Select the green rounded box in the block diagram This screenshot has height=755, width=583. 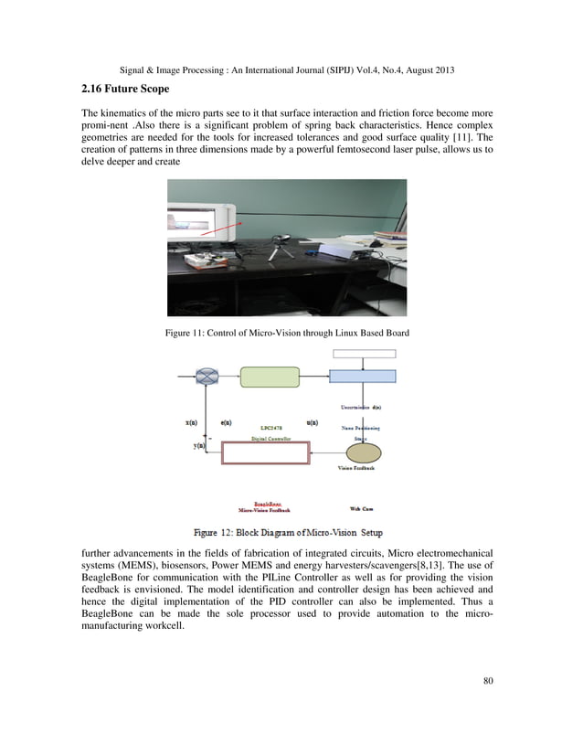(269, 376)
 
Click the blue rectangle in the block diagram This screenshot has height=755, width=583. (362, 376)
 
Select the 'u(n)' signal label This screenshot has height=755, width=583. (312, 422)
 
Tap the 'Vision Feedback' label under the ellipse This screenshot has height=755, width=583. (356, 468)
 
